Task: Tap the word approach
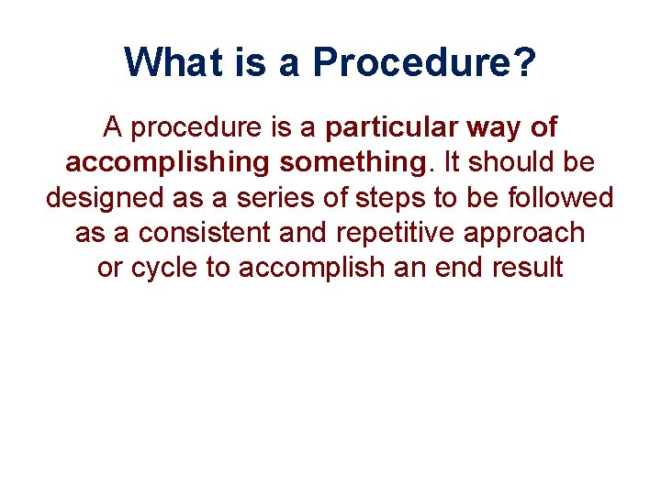pos(525,233)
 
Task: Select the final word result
pos(526,268)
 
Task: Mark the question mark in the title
pos(525,62)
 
